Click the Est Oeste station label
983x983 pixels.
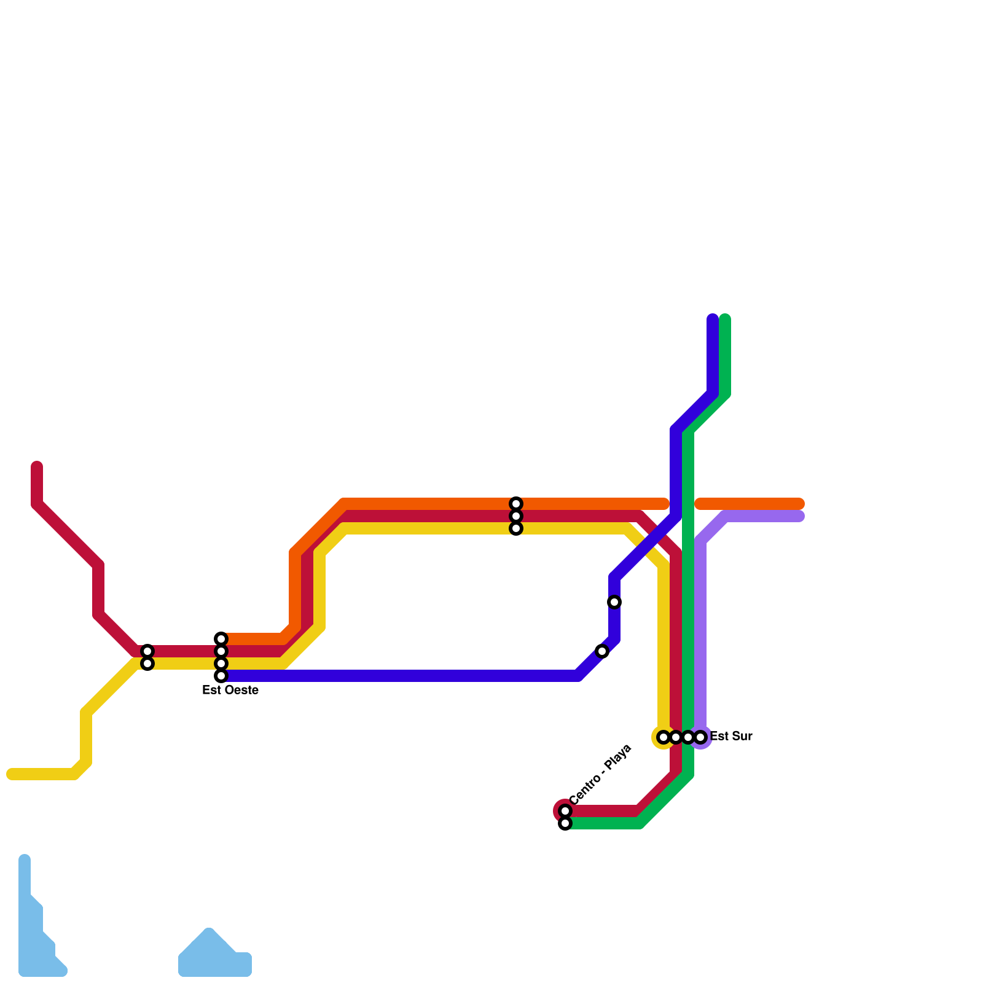pyautogui.click(x=230, y=691)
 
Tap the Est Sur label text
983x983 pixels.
pyautogui.click(x=731, y=737)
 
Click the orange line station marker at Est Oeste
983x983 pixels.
pyautogui.click(x=221, y=639)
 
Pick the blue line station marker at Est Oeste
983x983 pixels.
pyautogui.click(x=221, y=676)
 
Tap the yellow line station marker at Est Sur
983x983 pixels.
pyautogui.click(x=664, y=737)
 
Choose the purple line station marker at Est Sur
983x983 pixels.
pyautogui.click(x=700, y=737)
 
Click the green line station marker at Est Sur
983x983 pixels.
pyautogui.click(x=688, y=737)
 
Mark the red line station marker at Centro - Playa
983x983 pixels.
pyautogui.click(x=565, y=811)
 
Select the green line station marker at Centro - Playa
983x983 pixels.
pyautogui.click(x=565, y=823)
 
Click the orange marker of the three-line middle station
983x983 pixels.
pyautogui.click(x=516, y=504)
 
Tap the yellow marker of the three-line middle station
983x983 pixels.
pyautogui.click(x=516, y=528)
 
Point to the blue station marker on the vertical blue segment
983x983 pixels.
pyautogui.click(x=614, y=602)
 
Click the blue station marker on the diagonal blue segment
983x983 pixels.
pyautogui.click(x=602, y=651)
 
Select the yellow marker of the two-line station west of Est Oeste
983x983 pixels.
pyautogui.click(x=147, y=664)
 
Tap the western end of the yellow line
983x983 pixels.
pyautogui.click(x=11, y=774)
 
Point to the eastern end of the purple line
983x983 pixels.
pyautogui.click(x=800, y=516)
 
